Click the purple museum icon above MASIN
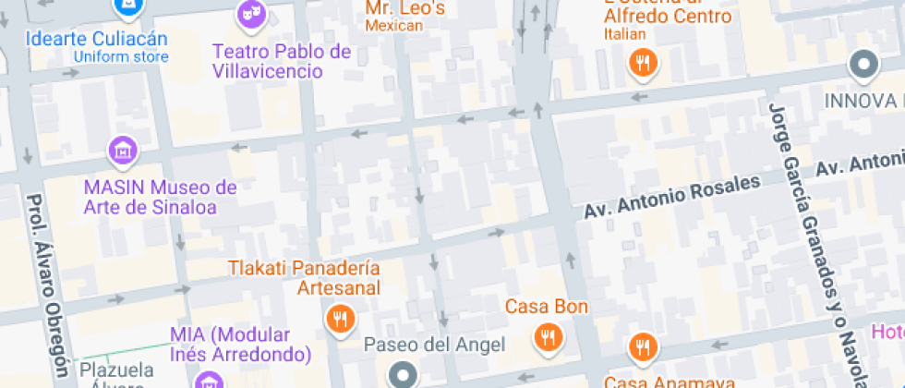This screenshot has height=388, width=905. point(122,148)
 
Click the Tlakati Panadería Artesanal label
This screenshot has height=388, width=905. point(305,278)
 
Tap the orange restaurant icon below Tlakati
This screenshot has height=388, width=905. point(341,320)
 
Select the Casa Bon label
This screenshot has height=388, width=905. point(547,306)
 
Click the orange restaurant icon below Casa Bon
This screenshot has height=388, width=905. point(549,337)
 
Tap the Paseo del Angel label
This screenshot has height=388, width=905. point(435,346)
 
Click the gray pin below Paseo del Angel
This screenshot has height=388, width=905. point(403,375)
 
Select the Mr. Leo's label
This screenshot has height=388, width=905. point(404,9)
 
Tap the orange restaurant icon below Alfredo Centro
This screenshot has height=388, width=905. point(642,64)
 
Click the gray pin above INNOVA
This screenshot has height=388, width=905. point(863,65)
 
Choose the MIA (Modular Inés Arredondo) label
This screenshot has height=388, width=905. point(241,344)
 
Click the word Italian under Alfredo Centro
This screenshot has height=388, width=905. point(625,34)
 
